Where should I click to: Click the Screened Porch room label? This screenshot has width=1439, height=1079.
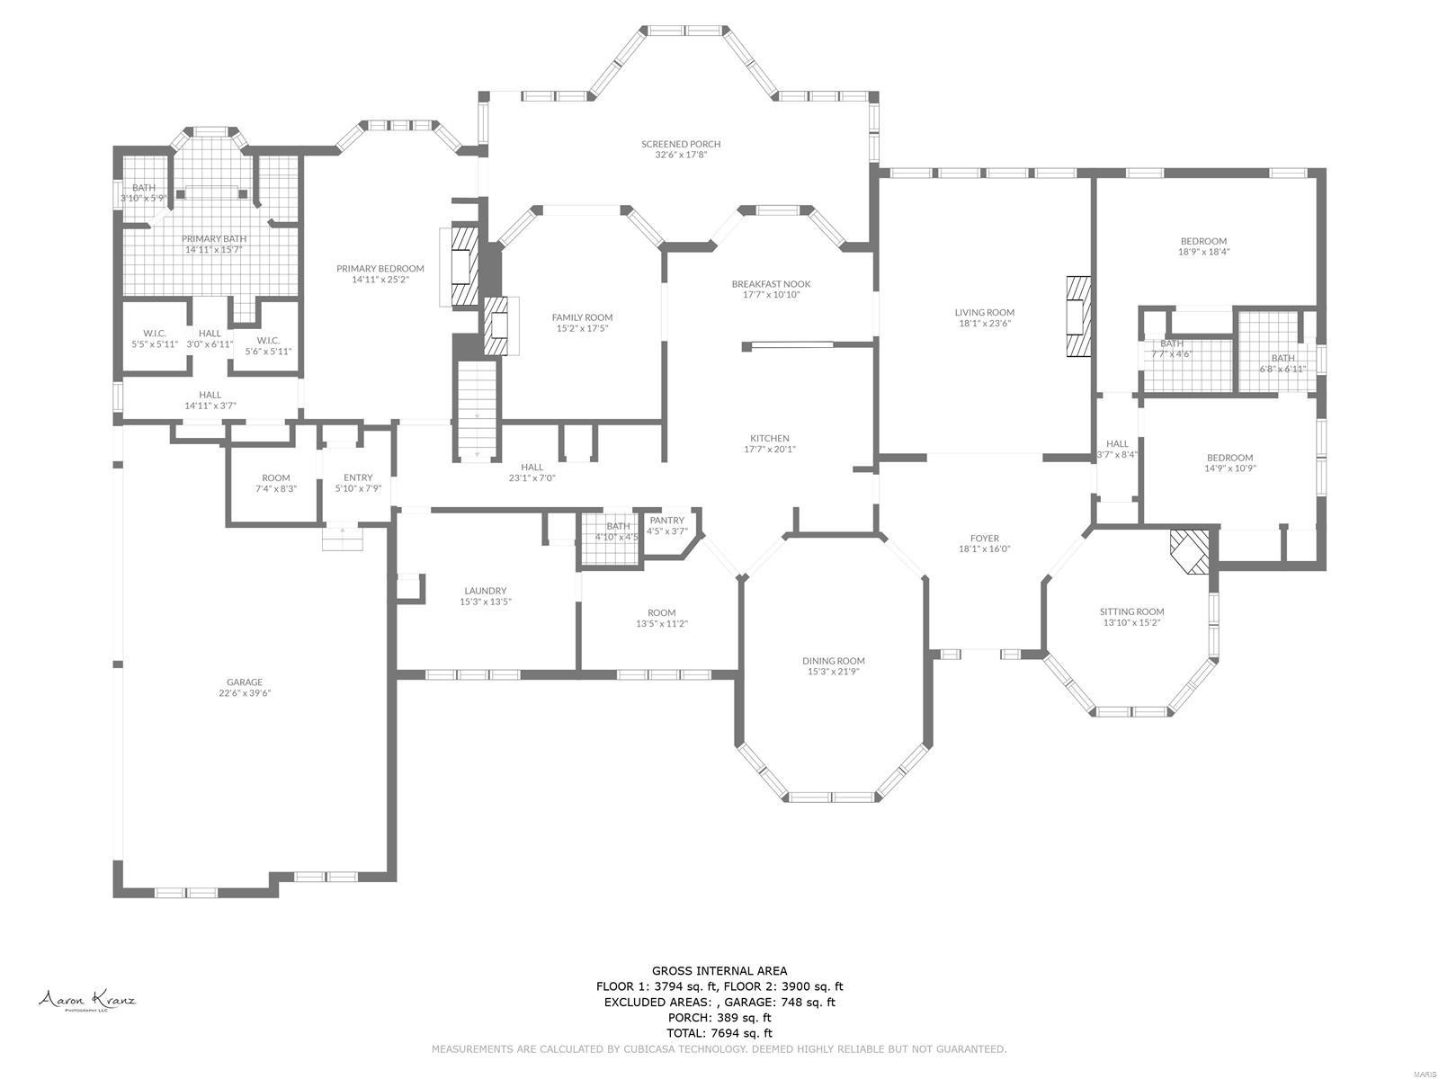pyautogui.click(x=681, y=144)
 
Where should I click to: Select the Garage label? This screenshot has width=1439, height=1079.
pyautogui.click(x=245, y=682)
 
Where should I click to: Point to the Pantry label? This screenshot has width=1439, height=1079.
pyautogui.click(x=666, y=521)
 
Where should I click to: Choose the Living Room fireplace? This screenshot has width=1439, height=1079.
pyautogui.click(x=1077, y=317)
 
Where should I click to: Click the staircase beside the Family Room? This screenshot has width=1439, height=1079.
pyautogui.click(x=478, y=409)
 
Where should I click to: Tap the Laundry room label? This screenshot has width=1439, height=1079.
pyautogui.click(x=485, y=591)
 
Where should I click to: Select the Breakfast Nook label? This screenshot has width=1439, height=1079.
pyautogui.click(x=771, y=284)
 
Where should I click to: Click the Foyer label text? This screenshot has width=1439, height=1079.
pyautogui.click(x=984, y=539)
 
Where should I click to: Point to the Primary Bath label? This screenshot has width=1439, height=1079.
pyautogui.click(x=214, y=238)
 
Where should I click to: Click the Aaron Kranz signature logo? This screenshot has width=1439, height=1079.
pyautogui.click(x=86, y=1001)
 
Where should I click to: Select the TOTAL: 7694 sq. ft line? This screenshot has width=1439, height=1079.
pyautogui.click(x=719, y=1033)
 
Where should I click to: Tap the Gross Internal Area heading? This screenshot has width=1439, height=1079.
pyautogui.click(x=719, y=970)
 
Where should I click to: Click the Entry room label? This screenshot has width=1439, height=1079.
pyautogui.click(x=358, y=477)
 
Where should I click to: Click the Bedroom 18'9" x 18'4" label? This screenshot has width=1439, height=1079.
pyautogui.click(x=1203, y=241)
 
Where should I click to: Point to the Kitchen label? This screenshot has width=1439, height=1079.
pyautogui.click(x=769, y=438)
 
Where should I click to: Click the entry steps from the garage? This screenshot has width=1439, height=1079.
pyautogui.click(x=343, y=539)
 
